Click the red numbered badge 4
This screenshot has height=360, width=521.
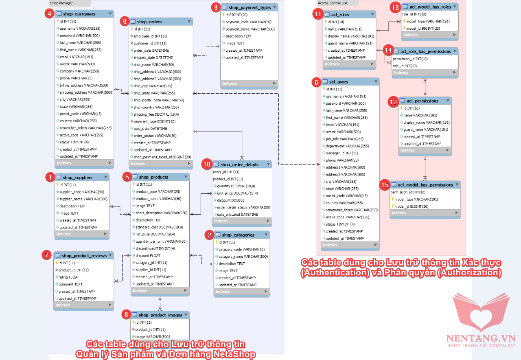[49, 13]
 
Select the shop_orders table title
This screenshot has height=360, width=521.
[149, 22]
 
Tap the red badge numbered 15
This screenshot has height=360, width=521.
[385, 185]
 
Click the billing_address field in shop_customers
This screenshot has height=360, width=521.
[83, 86]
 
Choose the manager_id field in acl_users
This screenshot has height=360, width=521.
[341, 153]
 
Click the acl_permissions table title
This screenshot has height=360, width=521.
[422, 101]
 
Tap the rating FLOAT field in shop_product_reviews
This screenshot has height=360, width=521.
[68, 277]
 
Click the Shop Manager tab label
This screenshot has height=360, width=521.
[61, 3]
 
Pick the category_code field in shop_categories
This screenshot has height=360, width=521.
[241, 250]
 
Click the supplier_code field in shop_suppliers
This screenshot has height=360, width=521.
[81, 192]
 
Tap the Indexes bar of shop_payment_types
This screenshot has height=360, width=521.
[249, 83]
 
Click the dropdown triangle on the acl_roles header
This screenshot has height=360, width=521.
[372, 14]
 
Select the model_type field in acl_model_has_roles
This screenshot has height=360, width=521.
[427, 21]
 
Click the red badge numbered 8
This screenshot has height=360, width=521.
[127, 314]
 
